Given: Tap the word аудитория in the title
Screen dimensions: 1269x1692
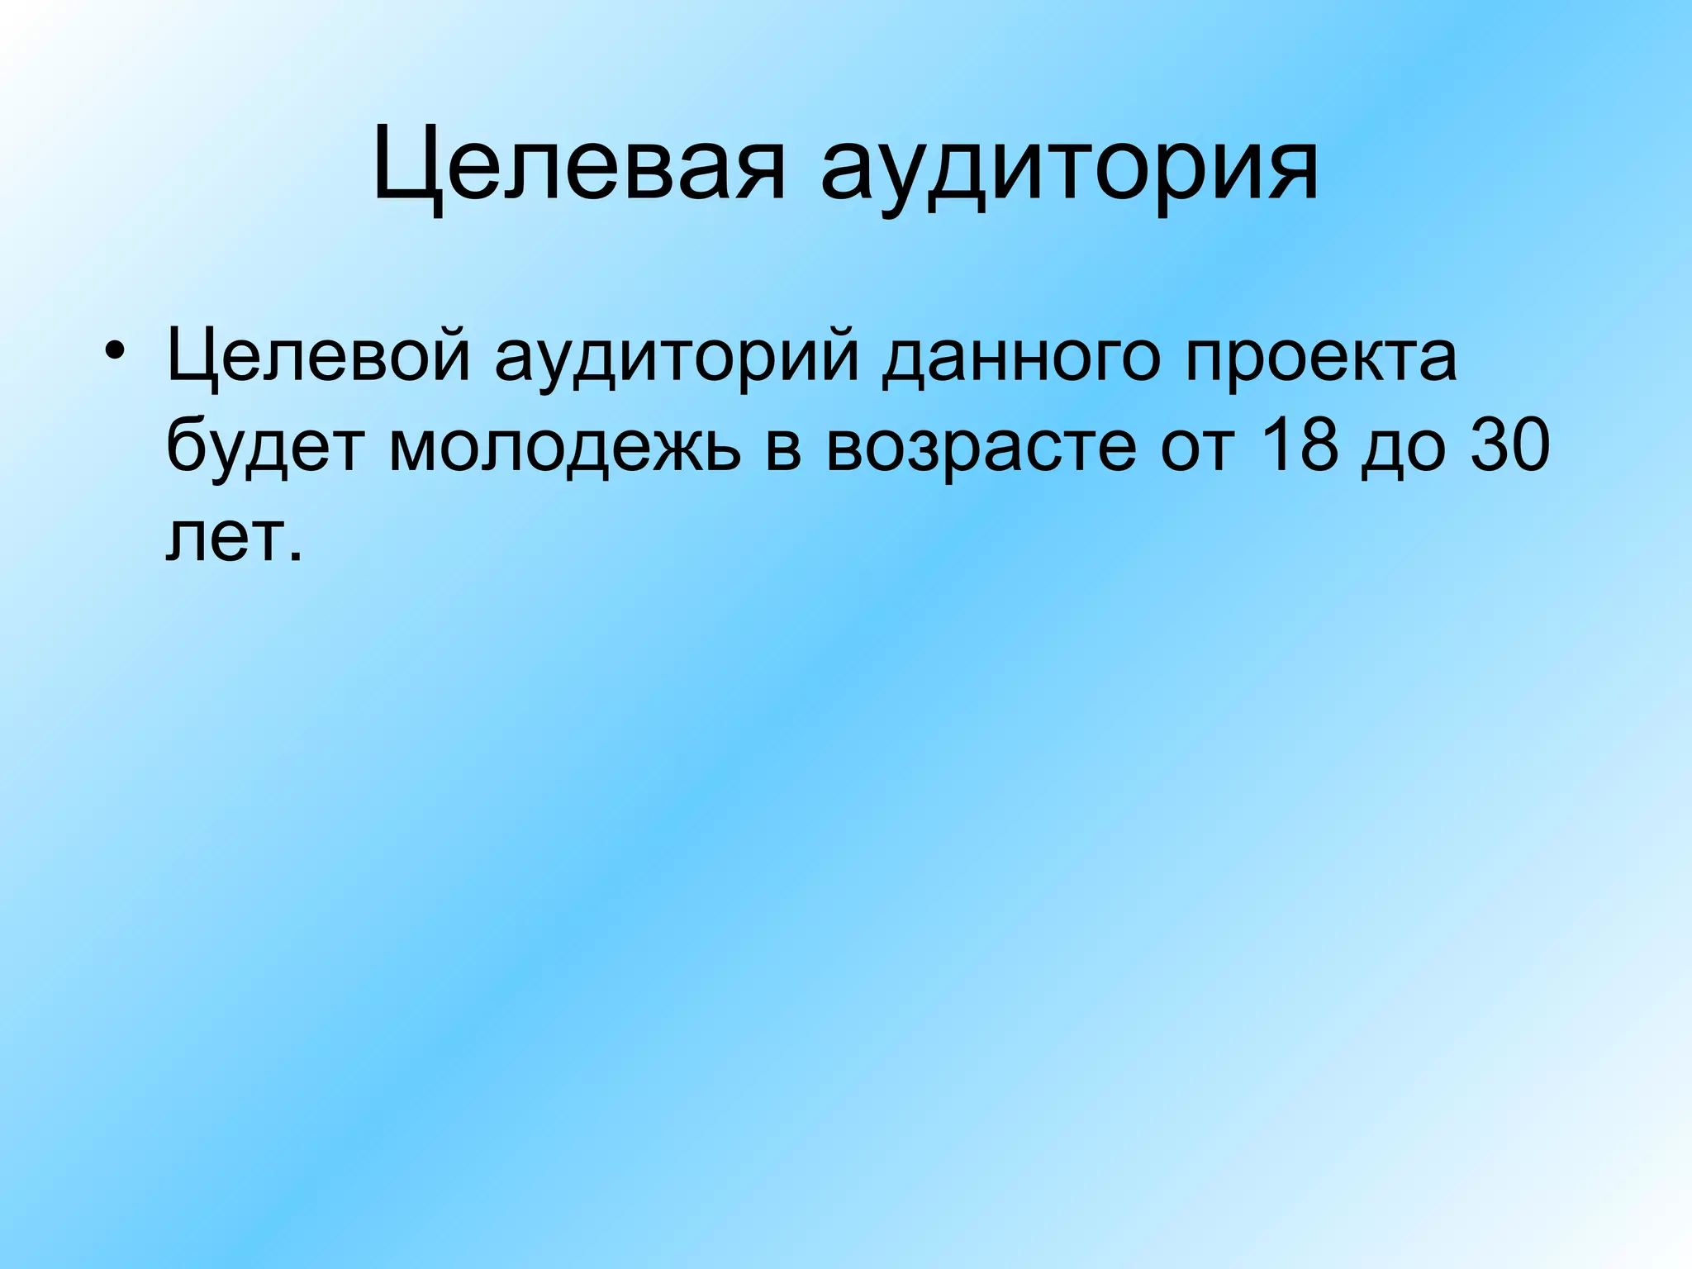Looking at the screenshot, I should (1068, 169).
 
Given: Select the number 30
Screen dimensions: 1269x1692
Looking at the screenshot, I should (1509, 446).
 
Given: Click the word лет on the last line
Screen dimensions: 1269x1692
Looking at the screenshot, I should (221, 539).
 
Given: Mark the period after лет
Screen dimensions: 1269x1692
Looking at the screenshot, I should (296, 556).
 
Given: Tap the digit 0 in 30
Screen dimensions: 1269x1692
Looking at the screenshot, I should (1528, 446).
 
